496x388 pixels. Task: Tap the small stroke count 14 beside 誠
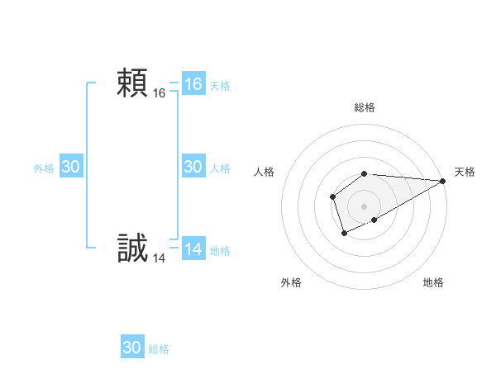click(x=160, y=258)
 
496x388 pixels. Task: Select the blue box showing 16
click(x=193, y=84)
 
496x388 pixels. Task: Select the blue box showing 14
click(x=193, y=249)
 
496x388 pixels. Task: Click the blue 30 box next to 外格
click(x=71, y=167)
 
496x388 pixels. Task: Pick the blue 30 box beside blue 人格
click(x=193, y=167)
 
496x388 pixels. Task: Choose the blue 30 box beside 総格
click(x=132, y=348)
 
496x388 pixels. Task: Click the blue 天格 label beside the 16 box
click(x=220, y=86)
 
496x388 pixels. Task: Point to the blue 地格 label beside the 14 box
click(x=220, y=251)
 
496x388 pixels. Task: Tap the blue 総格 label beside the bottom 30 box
click(x=159, y=349)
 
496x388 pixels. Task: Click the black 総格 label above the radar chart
click(x=365, y=107)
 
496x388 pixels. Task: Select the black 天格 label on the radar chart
click(x=465, y=172)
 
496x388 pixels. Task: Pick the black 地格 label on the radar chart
click(x=433, y=282)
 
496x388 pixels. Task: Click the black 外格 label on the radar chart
click(x=291, y=282)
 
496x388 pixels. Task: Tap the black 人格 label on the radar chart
click(x=265, y=172)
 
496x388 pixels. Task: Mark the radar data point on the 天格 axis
click(x=443, y=181)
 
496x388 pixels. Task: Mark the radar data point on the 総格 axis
click(x=365, y=173)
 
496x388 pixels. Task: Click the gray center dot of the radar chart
click(x=365, y=206)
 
